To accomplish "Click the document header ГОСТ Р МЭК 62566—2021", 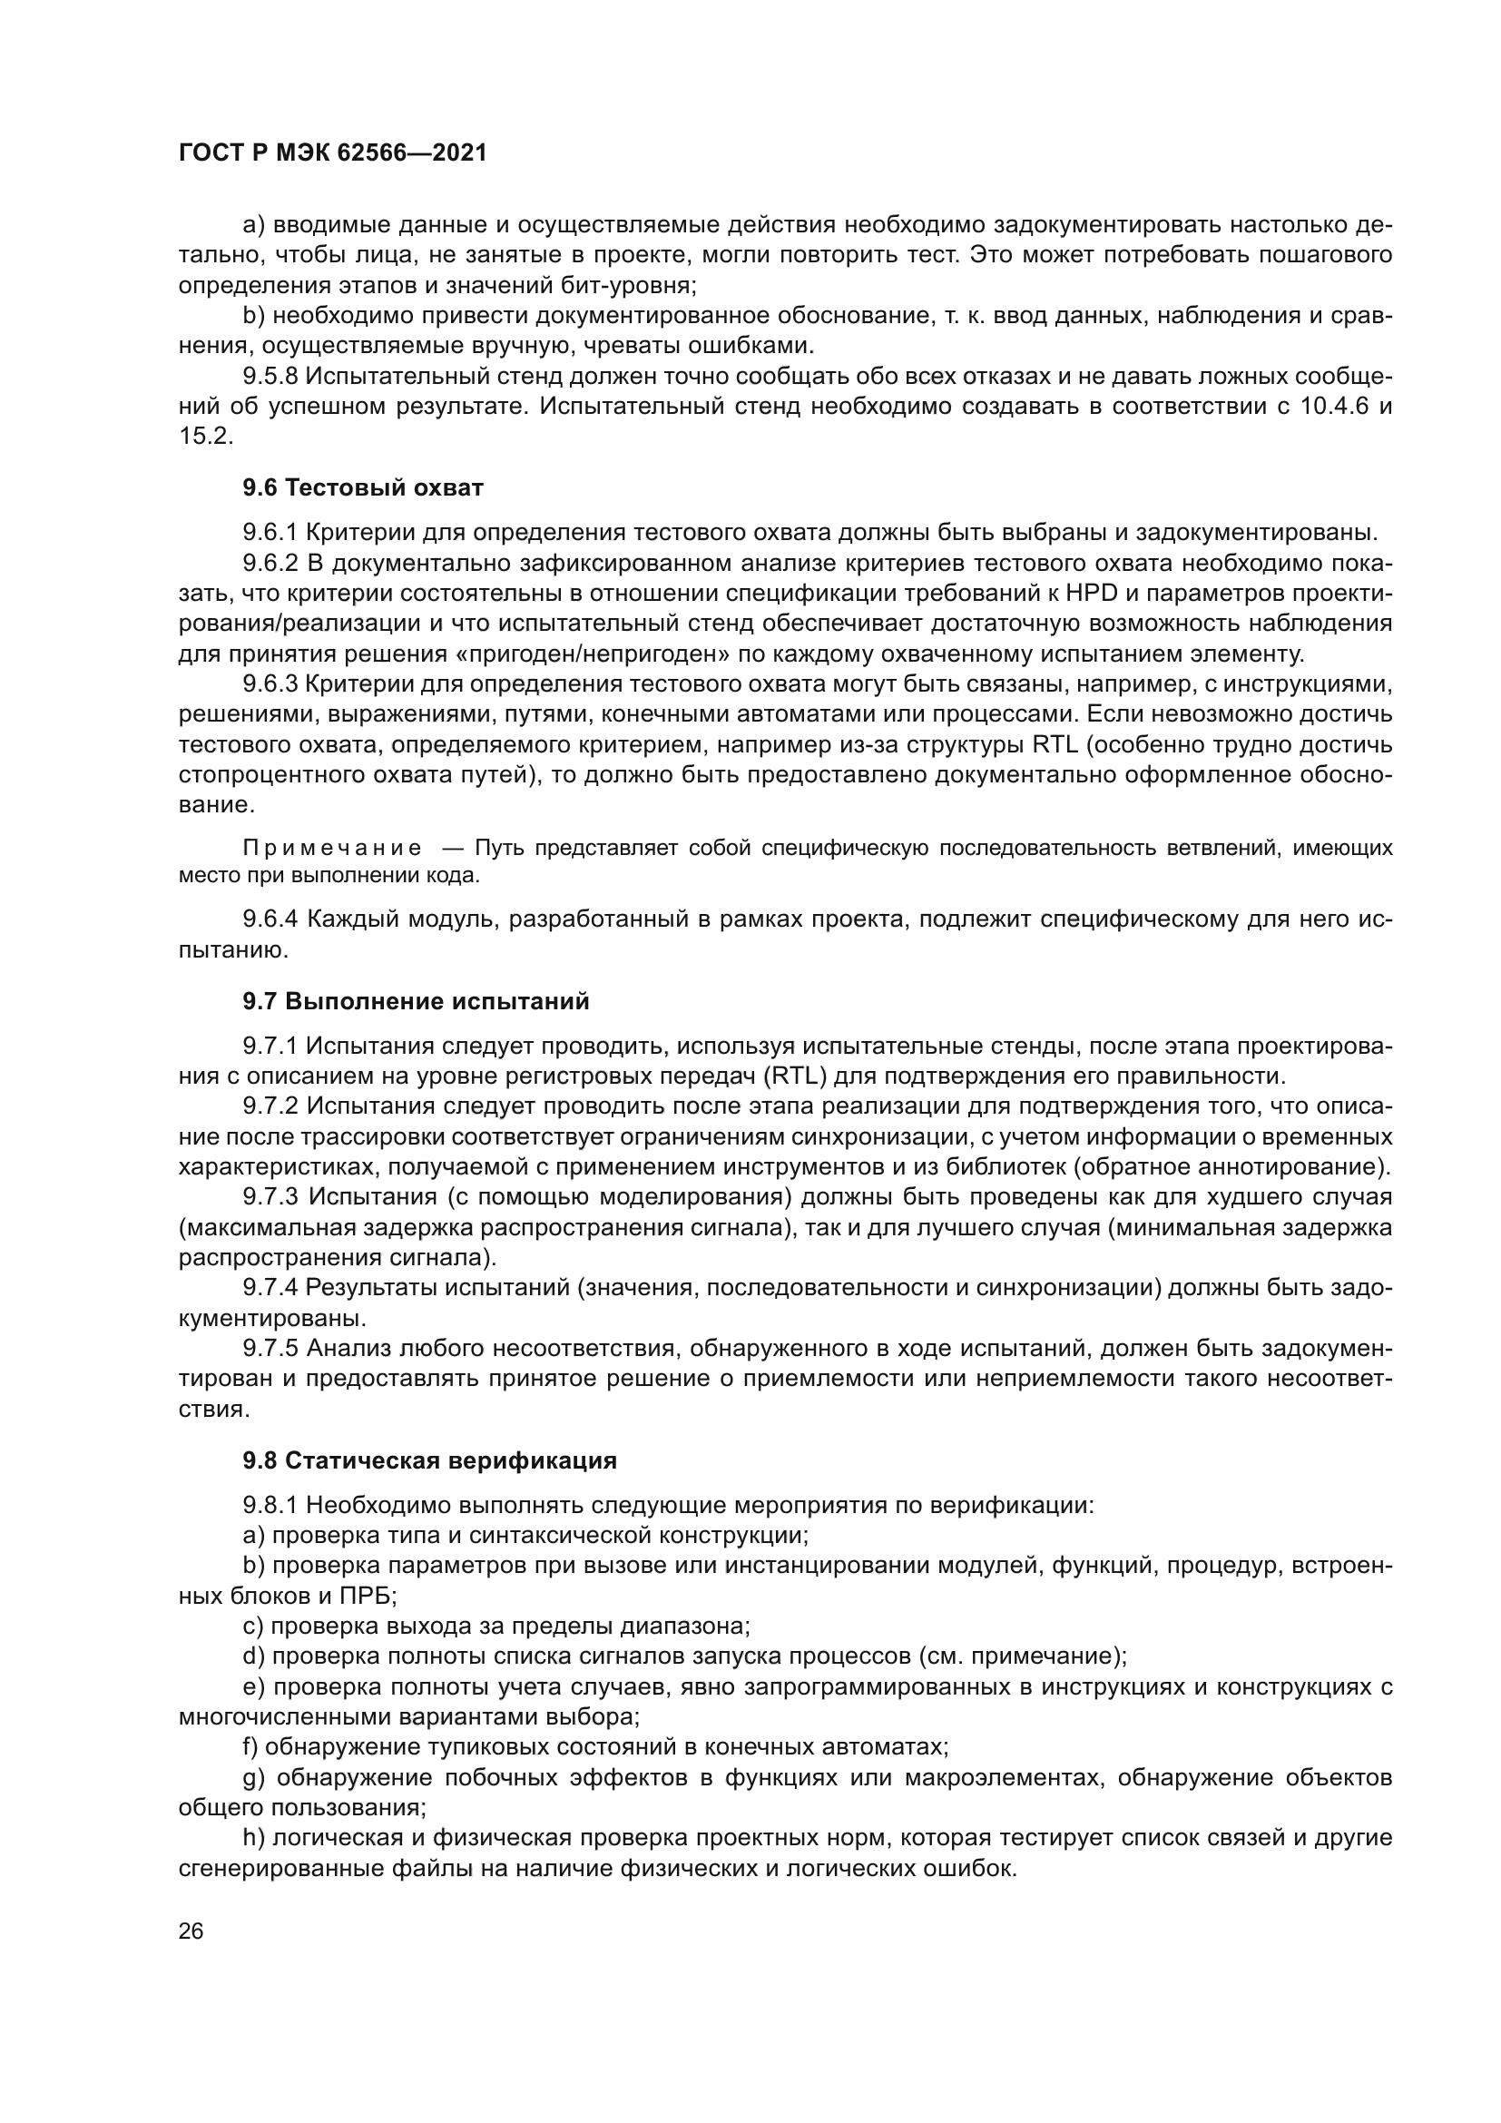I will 333,153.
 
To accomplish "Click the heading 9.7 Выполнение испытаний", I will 416,1001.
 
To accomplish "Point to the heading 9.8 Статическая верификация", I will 430,1461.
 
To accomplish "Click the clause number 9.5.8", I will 270,377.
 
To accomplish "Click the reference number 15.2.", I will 205,437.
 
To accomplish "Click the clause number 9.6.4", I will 270,919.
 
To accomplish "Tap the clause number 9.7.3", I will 270,1197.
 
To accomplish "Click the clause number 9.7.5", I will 270,1349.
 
